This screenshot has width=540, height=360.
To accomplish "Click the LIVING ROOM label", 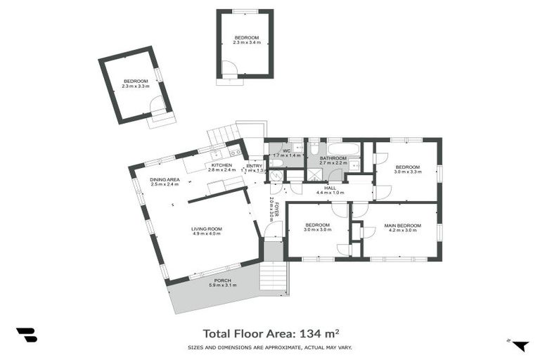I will (206, 229).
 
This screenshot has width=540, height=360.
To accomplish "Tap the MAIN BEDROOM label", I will (402, 226).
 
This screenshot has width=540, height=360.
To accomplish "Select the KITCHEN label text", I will (221, 165).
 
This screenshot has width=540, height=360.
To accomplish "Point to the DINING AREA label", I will (165, 180).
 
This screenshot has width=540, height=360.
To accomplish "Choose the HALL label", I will (329, 188).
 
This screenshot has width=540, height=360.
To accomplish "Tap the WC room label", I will (286, 150).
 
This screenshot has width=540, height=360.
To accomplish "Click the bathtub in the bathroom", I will (342, 148).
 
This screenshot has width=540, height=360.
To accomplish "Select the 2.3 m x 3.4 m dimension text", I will (247, 42).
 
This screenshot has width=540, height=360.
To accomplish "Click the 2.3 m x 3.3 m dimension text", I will (136, 86).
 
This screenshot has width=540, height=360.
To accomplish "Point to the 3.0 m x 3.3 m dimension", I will (407, 171).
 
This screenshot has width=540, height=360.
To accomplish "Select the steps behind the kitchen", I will (223, 134).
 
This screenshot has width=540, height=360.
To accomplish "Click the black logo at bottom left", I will (26, 335).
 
